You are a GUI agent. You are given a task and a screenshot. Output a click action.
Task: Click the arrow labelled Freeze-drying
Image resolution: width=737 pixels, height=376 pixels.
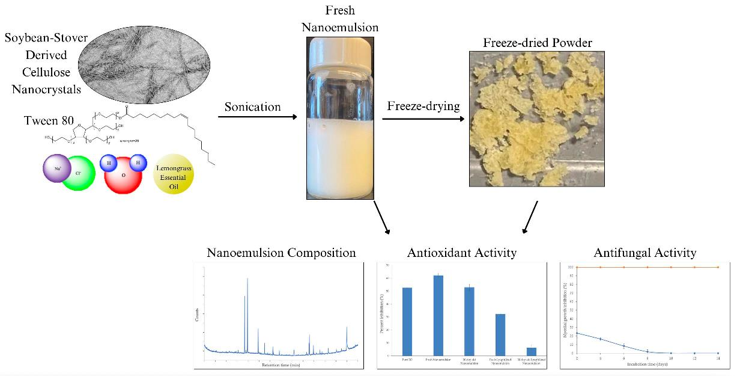pyautogui.click(x=423, y=119)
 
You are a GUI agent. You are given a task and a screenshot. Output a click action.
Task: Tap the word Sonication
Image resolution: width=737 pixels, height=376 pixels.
pyautogui.click(x=252, y=106)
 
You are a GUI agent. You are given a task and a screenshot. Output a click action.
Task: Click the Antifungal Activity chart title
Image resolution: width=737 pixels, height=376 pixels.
pyautogui.click(x=644, y=253)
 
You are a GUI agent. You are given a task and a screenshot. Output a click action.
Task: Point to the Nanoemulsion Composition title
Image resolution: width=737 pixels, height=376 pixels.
pyautogui.click(x=281, y=253)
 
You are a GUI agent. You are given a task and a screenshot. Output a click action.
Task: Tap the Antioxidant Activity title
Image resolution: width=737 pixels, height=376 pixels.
pyautogui.click(x=463, y=253)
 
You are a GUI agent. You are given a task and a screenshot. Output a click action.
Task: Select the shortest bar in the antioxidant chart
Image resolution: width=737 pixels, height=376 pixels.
pyautogui.click(x=531, y=351)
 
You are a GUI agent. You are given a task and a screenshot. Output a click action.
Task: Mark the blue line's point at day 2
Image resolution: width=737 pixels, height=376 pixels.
pyautogui.click(x=577, y=333)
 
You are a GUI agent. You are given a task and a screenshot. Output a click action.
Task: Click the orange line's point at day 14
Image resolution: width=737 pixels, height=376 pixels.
pyautogui.click(x=718, y=267)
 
